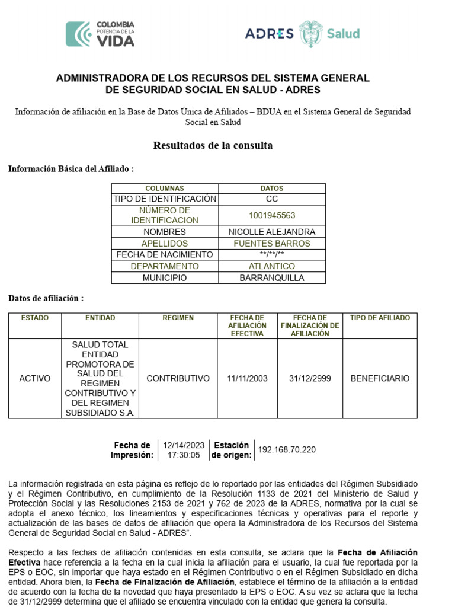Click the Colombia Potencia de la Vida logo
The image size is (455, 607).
[x=100, y=34]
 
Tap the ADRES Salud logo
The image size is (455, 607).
[x=302, y=34]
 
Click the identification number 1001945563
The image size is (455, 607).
[x=272, y=215]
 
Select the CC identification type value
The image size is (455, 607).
[x=272, y=199]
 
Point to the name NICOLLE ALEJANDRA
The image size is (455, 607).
[x=272, y=232]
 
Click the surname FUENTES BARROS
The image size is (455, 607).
[x=272, y=244]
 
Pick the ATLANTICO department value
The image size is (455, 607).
[x=272, y=266]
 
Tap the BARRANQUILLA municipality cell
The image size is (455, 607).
[x=272, y=277]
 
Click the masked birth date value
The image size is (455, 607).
[x=272, y=255]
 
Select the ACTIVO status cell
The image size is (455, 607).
[x=35, y=378]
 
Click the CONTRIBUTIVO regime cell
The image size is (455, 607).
[x=178, y=378]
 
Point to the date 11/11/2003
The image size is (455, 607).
[x=247, y=378]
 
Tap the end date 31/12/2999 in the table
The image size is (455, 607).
[x=309, y=378]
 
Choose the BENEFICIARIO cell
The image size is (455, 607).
[x=380, y=378]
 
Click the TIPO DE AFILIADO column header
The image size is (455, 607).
[x=380, y=318]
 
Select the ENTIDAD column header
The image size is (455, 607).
[x=100, y=318]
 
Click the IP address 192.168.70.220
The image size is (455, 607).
[x=287, y=450]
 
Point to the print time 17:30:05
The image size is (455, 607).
[x=184, y=455]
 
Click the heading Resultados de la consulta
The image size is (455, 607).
[x=213, y=145]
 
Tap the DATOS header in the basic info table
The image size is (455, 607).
[x=272, y=189]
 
